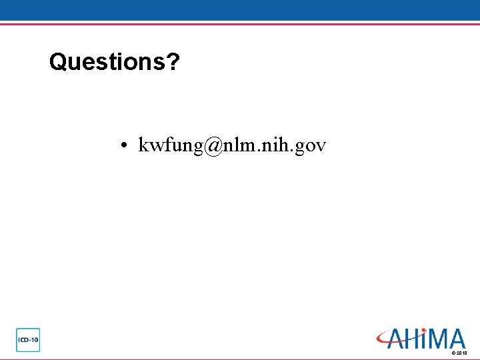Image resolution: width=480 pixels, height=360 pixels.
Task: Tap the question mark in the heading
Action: [173, 62]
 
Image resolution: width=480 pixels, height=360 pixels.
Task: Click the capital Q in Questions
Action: [58, 62]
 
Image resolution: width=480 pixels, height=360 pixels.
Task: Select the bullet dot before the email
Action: [125, 145]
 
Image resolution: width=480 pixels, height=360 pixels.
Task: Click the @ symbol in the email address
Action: [213, 145]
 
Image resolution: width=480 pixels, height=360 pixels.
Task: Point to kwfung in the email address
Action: [170, 145]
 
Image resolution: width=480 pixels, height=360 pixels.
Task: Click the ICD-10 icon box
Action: [28, 340]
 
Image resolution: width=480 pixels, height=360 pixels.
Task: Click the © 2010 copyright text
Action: [459, 353]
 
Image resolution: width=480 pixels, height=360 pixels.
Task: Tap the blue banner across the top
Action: [240, 10]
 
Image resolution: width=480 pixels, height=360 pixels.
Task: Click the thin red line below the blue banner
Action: [240, 24]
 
